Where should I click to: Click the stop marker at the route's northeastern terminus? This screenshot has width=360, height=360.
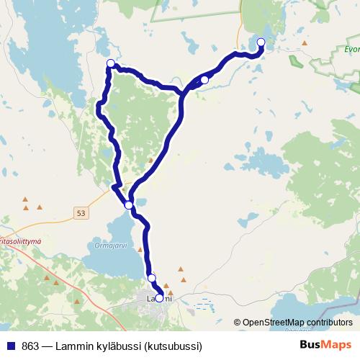[261, 42]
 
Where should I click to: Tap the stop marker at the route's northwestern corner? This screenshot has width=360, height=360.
[110, 63]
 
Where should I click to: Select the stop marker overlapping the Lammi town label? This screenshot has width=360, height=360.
[159, 297]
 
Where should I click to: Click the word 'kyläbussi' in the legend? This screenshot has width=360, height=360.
[119, 346]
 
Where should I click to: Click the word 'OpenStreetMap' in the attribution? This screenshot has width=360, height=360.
[274, 323]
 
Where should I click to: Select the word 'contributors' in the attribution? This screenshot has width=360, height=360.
[329, 323]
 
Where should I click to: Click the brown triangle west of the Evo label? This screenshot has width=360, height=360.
[305, 43]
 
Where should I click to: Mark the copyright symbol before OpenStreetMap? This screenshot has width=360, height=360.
[238, 323]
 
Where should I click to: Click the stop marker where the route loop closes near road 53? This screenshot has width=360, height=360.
[129, 205]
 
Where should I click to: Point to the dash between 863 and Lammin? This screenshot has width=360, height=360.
[49, 346]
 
